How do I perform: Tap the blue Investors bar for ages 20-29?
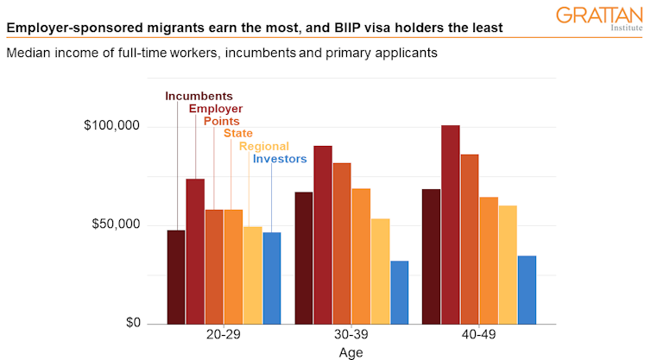[x=272, y=278]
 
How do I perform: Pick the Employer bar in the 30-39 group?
[x=323, y=235]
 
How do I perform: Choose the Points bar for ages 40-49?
[x=469, y=239]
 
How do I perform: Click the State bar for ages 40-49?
[x=489, y=260]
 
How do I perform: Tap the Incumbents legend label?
[x=199, y=96]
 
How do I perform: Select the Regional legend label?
[x=264, y=146]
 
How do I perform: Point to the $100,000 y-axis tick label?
[x=111, y=127]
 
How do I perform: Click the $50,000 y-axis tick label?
[x=115, y=224]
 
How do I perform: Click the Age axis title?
[x=351, y=352]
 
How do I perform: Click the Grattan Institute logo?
[x=599, y=17]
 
